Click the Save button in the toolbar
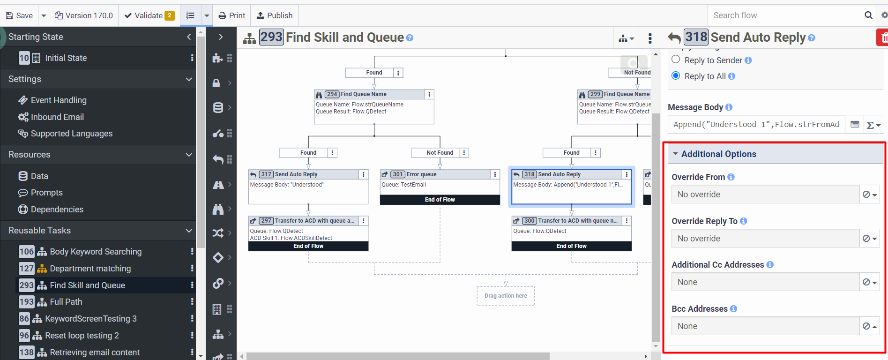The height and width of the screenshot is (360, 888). point(19,15)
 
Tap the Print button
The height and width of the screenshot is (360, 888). point(232,15)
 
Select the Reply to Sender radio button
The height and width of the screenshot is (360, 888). point(676,60)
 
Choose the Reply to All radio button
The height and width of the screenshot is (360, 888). point(676,75)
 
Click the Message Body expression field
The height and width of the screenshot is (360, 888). point(756,124)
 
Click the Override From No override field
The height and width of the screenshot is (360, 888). point(765,194)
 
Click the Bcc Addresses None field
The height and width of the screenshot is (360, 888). point(765,326)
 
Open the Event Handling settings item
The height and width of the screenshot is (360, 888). point(59,100)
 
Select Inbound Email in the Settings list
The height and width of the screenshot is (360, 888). point(57,117)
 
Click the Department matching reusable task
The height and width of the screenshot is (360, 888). point(90,269)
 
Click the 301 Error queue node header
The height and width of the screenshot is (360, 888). point(421,174)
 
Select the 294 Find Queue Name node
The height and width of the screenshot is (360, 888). point(364,94)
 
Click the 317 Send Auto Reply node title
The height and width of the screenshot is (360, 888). point(296,174)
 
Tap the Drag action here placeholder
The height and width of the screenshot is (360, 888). point(506,296)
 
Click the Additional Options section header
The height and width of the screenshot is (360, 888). point(719,154)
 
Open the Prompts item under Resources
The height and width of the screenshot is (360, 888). point(46,193)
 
